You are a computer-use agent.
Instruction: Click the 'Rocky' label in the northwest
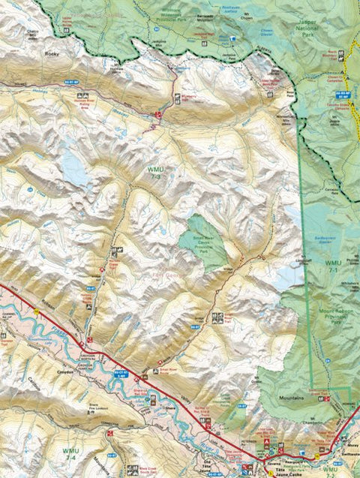(x=51, y=54)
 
